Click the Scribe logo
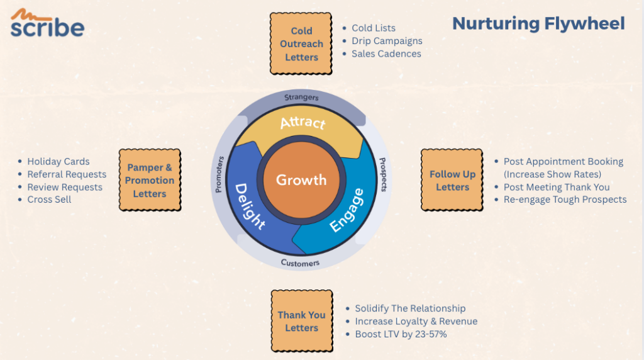click(x=47, y=24)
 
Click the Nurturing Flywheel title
click(x=538, y=23)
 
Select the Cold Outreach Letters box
click(x=301, y=43)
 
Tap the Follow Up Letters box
click(x=452, y=180)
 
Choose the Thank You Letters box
click(x=301, y=321)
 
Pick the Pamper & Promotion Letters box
click(x=150, y=180)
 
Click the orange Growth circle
click(x=301, y=180)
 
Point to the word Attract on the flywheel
click(x=303, y=122)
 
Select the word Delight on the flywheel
click(x=250, y=206)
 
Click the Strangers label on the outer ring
click(x=301, y=98)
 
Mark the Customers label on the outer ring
click(x=300, y=262)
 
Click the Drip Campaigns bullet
click(x=387, y=41)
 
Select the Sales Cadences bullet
click(x=386, y=53)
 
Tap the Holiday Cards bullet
click(x=58, y=162)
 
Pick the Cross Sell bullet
click(x=49, y=200)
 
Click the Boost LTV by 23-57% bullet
click(x=401, y=334)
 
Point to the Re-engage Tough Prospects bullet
click(x=565, y=200)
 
